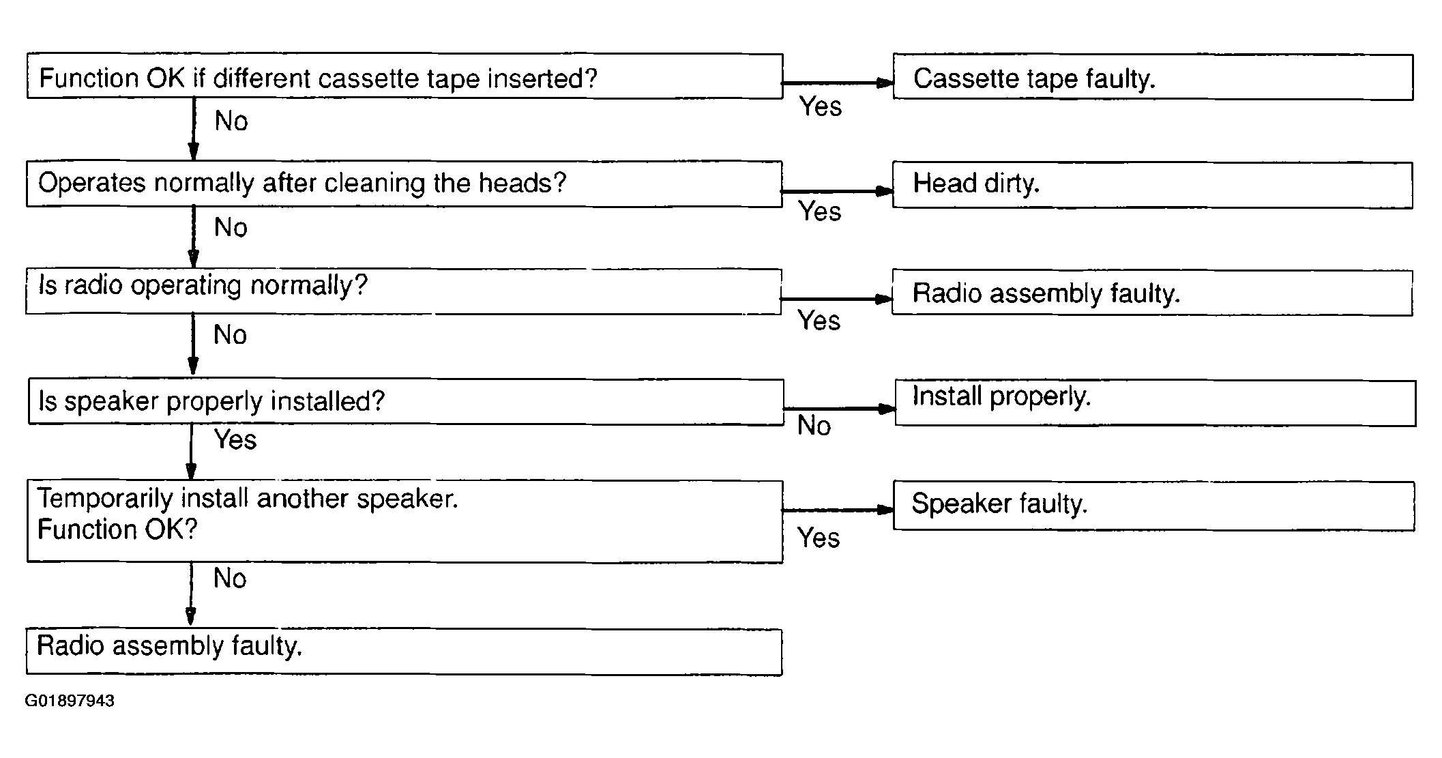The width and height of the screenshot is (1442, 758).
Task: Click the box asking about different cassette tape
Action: tap(404, 76)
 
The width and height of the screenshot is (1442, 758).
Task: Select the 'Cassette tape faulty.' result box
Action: tap(1153, 77)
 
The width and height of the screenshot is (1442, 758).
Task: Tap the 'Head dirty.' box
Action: tap(1152, 185)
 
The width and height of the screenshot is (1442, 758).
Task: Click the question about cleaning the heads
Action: tap(404, 184)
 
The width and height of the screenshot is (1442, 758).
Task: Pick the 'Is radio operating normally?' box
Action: tap(403, 291)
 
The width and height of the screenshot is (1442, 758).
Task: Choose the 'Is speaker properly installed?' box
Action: tap(406, 402)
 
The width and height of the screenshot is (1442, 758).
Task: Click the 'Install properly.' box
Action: tap(1156, 403)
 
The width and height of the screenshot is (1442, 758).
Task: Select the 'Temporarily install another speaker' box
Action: tap(404, 522)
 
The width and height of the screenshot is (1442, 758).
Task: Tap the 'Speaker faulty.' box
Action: tap(1153, 506)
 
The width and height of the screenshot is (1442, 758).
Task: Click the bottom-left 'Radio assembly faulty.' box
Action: tap(404, 652)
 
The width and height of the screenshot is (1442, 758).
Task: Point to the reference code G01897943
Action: tap(70, 701)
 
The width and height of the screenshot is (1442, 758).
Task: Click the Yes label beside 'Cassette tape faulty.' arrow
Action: tap(821, 106)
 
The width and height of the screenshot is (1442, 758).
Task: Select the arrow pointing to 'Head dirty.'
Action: tap(837, 192)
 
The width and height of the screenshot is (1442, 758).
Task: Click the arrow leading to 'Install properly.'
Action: tap(840, 409)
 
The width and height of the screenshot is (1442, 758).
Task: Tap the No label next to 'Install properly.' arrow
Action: tap(814, 426)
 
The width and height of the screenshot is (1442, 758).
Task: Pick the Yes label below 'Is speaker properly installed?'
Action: tap(235, 439)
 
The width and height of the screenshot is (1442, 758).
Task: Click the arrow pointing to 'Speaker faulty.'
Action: tap(838, 510)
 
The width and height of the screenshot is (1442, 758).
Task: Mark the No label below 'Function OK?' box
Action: tap(230, 579)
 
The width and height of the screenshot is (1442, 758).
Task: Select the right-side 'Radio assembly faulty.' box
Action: tap(1152, 293)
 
